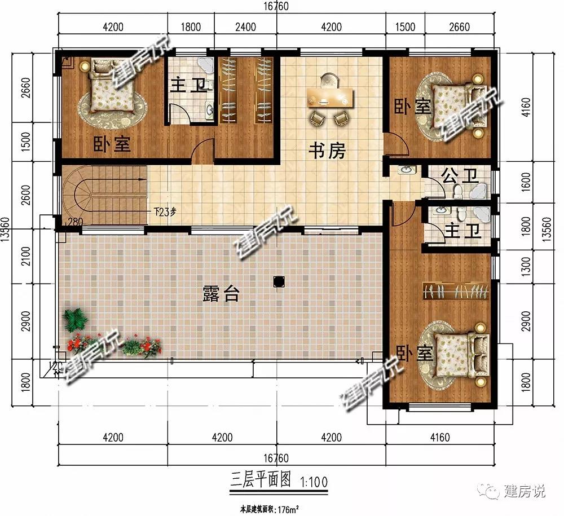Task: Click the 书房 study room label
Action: [x=327, y=151]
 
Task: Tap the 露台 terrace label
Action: [x=220, y=293]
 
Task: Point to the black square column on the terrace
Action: [x=277, y=280]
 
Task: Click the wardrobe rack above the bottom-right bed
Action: [x=456, y=292]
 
